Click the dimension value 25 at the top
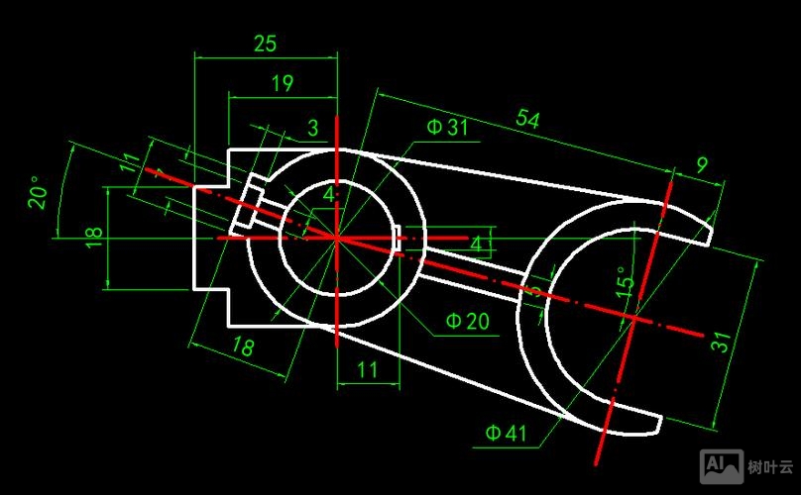pyautogui.click(x=265, y=44)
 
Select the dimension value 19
pyautogui.click(x=282, y=84)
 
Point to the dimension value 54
pyautogui.click(x=527, y=120)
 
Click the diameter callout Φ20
pyautogui.click(x=467, y=321)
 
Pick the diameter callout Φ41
pyautogui.click(x=506, y=433)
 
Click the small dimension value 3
pyautogui.click(x=312, y=128)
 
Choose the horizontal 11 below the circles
pyautogui.click(x=367, y=371)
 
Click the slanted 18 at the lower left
pyautogui.click(x=241, y=346)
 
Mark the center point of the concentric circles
pyautogui.click(x=337, y=238)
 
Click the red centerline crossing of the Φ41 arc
pyautogui.click(x=631, y=316)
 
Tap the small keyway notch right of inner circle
pyautogui.click(x=399, y=238)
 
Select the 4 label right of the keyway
pyautogui.click(x=476, y=244)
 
